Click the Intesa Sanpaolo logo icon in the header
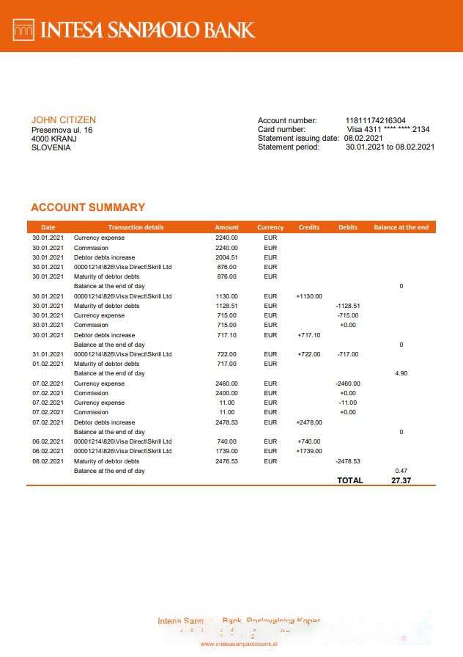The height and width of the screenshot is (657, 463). pos(24,29)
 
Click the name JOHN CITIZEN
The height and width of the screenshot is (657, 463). pos(63,120)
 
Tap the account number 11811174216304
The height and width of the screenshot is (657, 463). pos(375,121)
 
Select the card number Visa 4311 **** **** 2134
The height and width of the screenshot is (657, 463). pos(388,130)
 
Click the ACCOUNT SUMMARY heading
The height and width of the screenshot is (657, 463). pos(88,208)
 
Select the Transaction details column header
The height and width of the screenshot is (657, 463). pos(136,227)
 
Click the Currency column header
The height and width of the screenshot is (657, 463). pos(270,227)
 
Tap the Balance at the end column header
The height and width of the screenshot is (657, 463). pos(401,227)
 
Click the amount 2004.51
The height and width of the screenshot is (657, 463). pos(226,257)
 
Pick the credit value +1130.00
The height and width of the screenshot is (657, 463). pos(309,296)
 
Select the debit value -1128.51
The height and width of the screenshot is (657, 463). pos(347,306)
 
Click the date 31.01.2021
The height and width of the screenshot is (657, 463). pos(48,354)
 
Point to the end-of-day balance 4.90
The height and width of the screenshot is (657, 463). pos(401,373)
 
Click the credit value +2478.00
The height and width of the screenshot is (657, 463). pos(309,422)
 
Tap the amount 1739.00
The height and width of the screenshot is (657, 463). pos(226,451)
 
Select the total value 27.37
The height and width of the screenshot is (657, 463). pos(401,480)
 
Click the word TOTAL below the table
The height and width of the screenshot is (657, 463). pos(349,480)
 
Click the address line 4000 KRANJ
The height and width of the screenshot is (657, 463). pos(53,139)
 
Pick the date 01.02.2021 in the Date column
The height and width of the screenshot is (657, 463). pos(48,364)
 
